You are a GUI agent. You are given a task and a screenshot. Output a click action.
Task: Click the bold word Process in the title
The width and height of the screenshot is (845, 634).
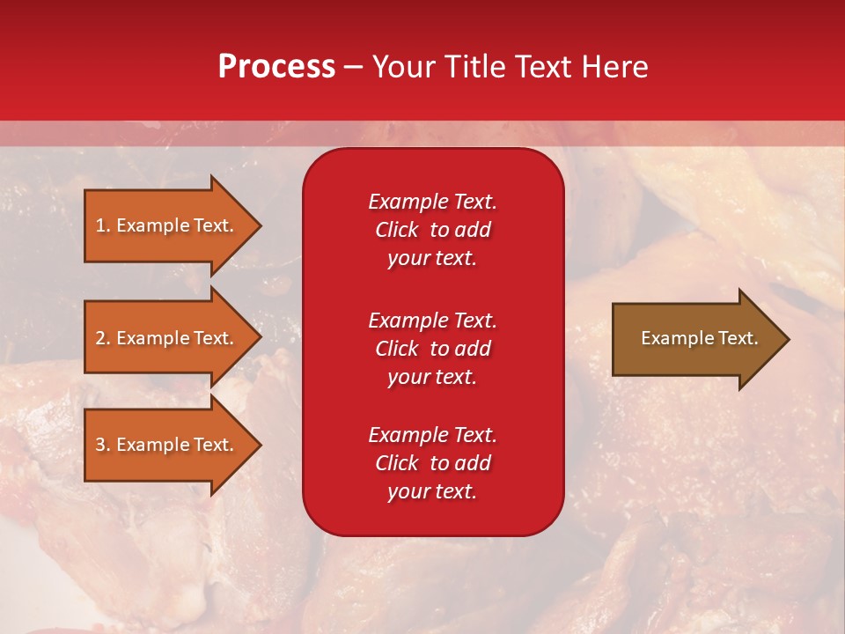(x=276, y=67)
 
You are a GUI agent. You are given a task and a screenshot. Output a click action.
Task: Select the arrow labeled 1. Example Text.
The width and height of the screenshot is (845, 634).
(x=167, y=225)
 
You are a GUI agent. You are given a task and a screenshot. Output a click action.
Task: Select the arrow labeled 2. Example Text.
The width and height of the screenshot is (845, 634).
(x=167, y=338)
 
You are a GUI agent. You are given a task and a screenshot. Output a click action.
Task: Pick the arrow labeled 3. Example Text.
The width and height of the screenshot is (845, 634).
(x=167, y=445)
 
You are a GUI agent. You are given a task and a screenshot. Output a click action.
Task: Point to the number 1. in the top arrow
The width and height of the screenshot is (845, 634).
(x=102, y=225)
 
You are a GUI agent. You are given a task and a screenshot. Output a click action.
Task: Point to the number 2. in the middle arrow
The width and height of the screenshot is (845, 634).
(x=102, y=338)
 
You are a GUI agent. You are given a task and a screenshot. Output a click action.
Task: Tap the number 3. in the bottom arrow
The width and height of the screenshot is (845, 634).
(x=102, y=445)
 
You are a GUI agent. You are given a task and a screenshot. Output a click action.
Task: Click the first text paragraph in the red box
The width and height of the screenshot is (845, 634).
(x=432, y=230)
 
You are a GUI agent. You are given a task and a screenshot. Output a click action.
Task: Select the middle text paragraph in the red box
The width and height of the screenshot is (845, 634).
(x=432, y=349)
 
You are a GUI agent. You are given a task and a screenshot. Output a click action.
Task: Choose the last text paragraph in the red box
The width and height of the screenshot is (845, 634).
(x=432, y=463)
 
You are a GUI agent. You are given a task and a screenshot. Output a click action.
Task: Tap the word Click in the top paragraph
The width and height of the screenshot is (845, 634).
(x=397, y=230)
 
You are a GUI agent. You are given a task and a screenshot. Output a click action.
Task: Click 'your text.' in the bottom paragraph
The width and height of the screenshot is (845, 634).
(x=432, y=492)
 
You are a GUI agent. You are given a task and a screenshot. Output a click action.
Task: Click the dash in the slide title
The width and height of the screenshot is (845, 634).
(x=353, y=67)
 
